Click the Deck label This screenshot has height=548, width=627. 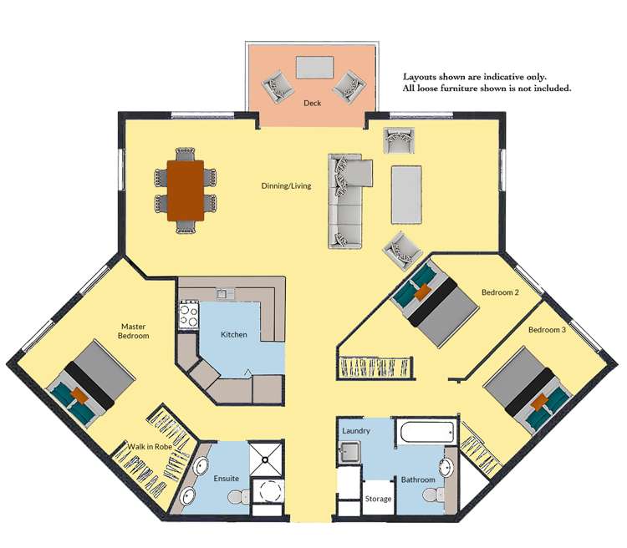(x=312, y=104)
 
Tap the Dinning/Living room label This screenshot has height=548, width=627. (x=286, y=185)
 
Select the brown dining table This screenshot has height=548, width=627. (x=186, y=190)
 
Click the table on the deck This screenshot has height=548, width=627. (x=313, y=66)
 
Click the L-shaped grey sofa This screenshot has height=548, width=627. (x=345, y=200)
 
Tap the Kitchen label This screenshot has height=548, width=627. (x=233, y=334)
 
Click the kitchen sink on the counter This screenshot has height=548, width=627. (x=223, y=293)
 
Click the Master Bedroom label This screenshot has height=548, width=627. (x=134, y=331)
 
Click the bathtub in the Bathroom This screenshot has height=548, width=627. (x=426, y=433)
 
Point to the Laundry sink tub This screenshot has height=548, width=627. (x=350, y=452)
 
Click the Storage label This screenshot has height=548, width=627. (x=378, y=499)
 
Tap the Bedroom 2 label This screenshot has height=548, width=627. (x=501, y=292)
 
